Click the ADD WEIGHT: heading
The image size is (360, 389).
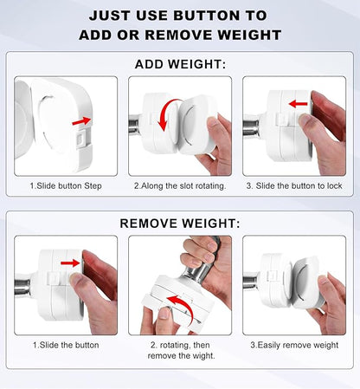(x=180, y=64)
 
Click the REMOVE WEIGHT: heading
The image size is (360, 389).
(x=180, y=224)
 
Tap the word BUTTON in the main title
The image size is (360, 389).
(x=207, y=16)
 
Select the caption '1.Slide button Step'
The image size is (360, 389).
(x=66, y=185)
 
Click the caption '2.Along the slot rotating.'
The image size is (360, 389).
(x=180, y=185)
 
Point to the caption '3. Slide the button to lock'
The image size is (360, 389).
(x=294, y=185)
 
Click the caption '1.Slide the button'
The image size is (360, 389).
(x=66, y=345)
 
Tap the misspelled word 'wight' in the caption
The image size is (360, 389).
(x=204, y=355)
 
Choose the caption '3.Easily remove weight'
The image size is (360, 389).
(x=294, y=345)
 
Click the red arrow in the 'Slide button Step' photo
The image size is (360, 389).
(x=81, y=121)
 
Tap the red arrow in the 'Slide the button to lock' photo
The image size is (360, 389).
(x=299, y=104)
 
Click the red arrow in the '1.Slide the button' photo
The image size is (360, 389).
(x=70, y=263)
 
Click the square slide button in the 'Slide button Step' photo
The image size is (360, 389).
(x=80, y=139)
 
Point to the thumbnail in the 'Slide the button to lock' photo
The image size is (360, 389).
(x=305, y=119)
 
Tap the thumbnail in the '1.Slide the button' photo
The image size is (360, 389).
(x=75, y=278)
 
